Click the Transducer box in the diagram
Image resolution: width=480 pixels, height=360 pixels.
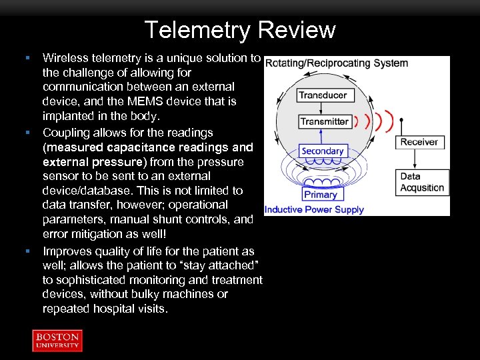[323, 95]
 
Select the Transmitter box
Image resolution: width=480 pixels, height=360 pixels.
[324, 121]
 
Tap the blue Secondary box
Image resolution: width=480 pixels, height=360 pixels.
[322, 151]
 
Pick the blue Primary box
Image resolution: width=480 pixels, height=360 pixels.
[320, 195]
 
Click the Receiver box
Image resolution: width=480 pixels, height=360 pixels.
[419, 142]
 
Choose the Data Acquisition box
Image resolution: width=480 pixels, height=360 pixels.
[423, 182]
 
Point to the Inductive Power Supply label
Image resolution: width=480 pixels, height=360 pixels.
[314, 209]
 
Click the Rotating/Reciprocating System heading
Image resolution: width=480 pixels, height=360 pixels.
[337, 63]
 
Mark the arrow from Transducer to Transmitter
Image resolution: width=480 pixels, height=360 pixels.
[323, 108]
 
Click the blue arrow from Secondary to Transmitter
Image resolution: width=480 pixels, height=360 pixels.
[323, 136]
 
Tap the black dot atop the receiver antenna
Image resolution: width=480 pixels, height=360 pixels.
[402, 121]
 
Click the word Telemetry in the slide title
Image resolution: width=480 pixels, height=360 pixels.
[197, 30]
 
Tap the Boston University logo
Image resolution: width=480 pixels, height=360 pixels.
[57, 340]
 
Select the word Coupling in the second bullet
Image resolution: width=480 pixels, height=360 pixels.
[67, 132]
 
